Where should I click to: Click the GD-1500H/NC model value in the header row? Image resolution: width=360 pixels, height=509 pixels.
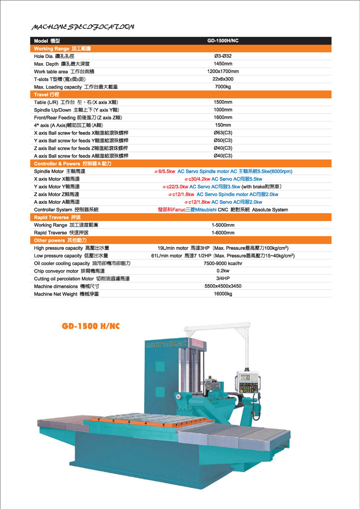pyautogui.click(x=223, y=40)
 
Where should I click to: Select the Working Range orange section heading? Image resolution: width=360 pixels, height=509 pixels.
pyautogui.click(x=62, y=48)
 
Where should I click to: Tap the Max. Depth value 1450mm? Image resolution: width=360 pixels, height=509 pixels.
pyautogui.click(x=223, y=63)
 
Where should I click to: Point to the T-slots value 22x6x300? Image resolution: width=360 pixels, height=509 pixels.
pyautogui.click(x=223, y=79)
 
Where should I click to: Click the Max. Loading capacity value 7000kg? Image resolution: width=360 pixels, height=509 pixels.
pyautogui.click(x=223, y=86)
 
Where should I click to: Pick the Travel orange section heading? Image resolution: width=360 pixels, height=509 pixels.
pyautogui.click(x=46, y=94)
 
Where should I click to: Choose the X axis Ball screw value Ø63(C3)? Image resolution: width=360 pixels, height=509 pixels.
pyautogui.click(x=223, y=132)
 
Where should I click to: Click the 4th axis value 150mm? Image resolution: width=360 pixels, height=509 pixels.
pyautogui.click(x=223, y=125)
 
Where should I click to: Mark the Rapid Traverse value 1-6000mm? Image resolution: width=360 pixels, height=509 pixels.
pyautogui.click(x=223, y=232)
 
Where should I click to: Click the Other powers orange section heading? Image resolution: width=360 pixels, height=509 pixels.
pyautogui.click(x=56, y=240)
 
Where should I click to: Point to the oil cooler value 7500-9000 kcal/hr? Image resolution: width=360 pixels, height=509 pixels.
pyautogui.click(x=223, y=263)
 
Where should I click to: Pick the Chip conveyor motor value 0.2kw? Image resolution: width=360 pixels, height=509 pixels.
pyautogui.click(x=223, y=270)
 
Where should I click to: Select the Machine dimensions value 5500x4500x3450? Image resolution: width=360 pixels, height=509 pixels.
pyautogui.click(x=223, y=286)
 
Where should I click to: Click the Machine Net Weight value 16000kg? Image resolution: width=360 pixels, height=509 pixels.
pyautogui.click(x=223, y=293)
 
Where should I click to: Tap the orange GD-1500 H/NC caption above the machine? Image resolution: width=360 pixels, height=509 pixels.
pyautogui.click(x=90, y=326)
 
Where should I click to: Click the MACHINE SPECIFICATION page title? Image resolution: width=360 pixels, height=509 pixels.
pyautogui.click(x=82, y=26)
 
